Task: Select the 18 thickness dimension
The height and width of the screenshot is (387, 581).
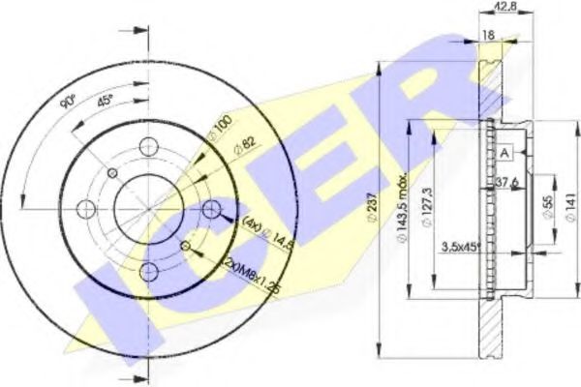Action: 490,37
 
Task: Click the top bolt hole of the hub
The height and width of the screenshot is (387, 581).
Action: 147,147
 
